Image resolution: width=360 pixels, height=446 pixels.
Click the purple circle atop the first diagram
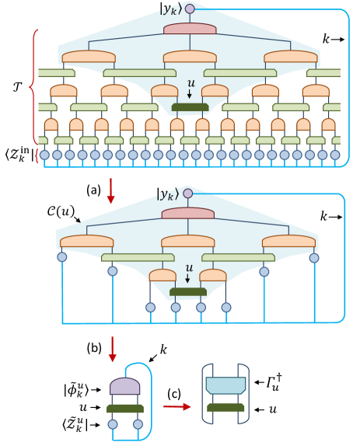pos(190,9)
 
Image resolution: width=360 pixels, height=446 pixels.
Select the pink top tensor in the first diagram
pos(190,29)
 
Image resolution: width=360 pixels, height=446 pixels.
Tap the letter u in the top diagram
pos(190,83)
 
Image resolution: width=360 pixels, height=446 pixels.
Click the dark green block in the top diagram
pos(190,106)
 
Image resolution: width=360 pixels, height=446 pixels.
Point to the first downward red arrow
pos(110,191)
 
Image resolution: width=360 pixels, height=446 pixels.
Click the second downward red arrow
pos(112,349)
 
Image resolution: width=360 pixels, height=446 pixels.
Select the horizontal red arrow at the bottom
pos(177,406)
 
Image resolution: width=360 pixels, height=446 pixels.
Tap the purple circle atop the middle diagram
pos(187,193)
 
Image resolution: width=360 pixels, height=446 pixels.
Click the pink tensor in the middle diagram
pos(187,214)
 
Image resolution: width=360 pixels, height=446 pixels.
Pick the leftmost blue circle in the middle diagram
pos(62,256)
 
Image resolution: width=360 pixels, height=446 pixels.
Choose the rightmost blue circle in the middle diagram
pos(314,257)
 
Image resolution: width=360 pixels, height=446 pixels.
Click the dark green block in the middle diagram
pos(188,292)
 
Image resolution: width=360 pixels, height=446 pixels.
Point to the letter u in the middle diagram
pos(188,268)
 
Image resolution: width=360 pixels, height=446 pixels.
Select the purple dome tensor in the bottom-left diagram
pos(125,386)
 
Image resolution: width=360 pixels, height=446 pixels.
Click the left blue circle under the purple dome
pos(113,424)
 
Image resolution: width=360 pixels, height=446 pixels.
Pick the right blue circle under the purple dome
pos(138,424)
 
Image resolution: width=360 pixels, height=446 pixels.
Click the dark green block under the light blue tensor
pos(225,407)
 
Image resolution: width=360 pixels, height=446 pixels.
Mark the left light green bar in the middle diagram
pos(138,257)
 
